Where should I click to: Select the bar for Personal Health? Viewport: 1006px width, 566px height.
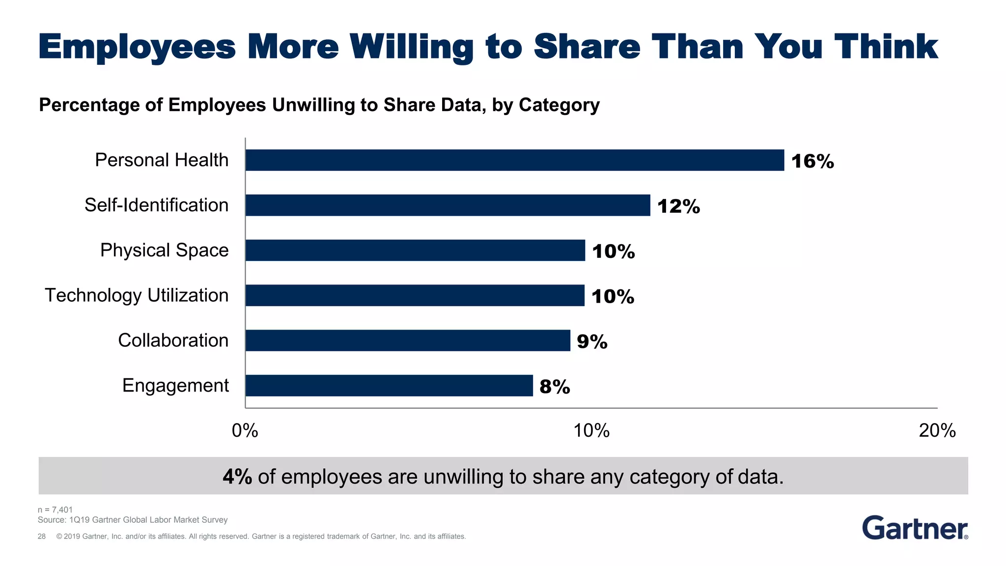pyautogui.click(x=514, y=160)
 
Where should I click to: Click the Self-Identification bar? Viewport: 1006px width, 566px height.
pyautogui.click(x=447, y=205)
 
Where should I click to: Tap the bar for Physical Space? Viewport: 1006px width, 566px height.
pyautogui.click(x=415, y=251)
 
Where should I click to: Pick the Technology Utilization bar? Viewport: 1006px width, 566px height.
pyautogui.click(x=415, y=295)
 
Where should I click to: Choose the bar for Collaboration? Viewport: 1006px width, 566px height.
pyautogui.click(x=408, y=340)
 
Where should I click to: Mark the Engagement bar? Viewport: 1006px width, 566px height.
pyautogui.click(x=389, y=386)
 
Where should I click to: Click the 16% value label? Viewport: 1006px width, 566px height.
pyautogui.click(x=812, y=161)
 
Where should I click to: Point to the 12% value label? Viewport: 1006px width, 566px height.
pyautogui.click(x=678, y=206)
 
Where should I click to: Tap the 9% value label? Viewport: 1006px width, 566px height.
pyautogui.click(x=592, y=341)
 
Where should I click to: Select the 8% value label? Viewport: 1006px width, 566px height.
pyautogui.click(x=555, y=387)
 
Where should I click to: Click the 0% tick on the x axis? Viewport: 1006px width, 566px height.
pyautogui.click(x=245, y=431)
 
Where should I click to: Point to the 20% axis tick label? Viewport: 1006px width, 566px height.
pyautogui.click(x=937, y=431)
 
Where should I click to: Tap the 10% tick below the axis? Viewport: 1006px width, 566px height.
pyautogui.click(x=591, y=431)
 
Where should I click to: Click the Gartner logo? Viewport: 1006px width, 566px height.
pyautogui.click(x=915, y=528)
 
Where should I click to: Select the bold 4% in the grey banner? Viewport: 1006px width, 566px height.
pyautogui.click(x=237, y=477)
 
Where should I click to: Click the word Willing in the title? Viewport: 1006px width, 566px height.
pyautogui.click(x=411, y=48)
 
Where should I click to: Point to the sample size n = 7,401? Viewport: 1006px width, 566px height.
pyautogui.click(x=55, y=510)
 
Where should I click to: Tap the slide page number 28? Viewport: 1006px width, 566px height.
pyautogui.click(x=42, y=537)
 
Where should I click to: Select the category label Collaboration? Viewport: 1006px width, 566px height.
pyautogui.click(x=173, y=340)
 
